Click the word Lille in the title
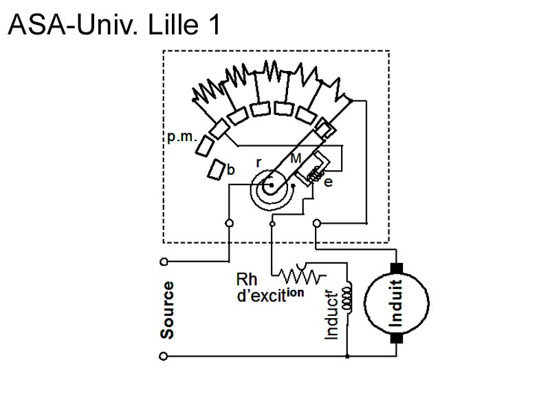point(170,25)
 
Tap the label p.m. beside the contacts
point(181,137)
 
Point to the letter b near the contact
point(232,170)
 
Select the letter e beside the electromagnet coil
point(328,182)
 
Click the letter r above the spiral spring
point(258,162)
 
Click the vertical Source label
point(167,310)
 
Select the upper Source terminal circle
point(164,262)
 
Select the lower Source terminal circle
point(164,356)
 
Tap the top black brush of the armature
point(396,268)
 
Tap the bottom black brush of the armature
point(396,337)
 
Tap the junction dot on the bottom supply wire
point(348,356)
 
